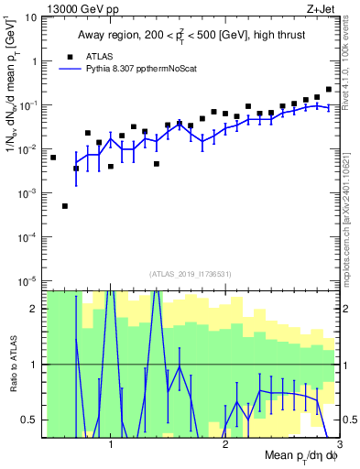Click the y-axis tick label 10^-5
coord(29,280)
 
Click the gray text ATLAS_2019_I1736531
coord(191,273)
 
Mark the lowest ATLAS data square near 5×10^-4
coord(65,206)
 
